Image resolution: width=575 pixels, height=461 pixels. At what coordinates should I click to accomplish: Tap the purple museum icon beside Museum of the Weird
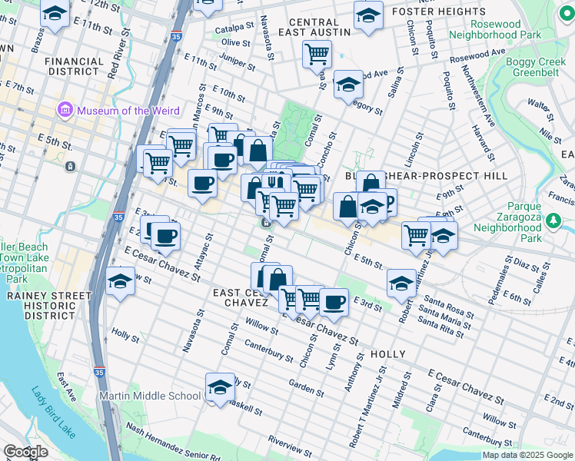coord(65,111)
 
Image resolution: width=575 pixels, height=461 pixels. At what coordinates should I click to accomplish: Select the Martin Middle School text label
coord(150,396)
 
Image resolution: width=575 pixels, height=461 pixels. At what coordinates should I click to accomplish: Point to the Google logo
coord(26,452)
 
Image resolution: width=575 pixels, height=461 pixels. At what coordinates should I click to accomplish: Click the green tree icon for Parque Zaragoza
coord(553,221)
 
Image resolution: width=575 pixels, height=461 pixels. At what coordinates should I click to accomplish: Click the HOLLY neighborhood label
coord(387,354)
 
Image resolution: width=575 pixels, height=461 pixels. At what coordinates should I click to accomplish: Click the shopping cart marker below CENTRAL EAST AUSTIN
coord(316,55)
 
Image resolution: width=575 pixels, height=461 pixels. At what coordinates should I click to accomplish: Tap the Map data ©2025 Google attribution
coord(527,455)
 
